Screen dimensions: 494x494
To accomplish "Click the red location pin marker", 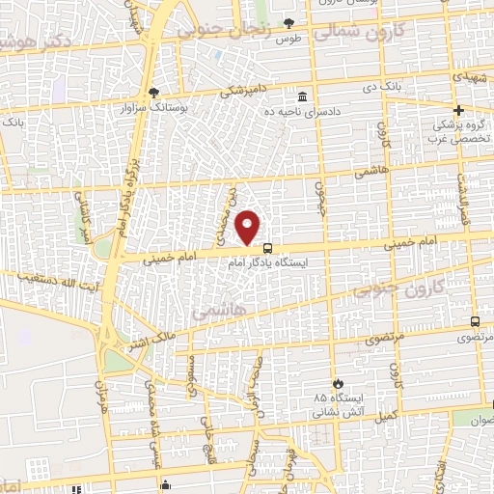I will [x=249, y=227].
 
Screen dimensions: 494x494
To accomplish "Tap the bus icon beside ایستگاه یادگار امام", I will [x=267, y=248].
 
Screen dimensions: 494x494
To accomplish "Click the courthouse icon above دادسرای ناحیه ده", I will [x=303, y=97].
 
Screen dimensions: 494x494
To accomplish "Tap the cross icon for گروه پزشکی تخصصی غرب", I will [x=459, y=110].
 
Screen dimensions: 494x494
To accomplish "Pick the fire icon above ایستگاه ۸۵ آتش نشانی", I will [x=338, y=383].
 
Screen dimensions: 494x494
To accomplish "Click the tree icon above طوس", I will [x=288, y=23].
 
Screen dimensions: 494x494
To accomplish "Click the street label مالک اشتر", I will [x=151, y=340].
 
